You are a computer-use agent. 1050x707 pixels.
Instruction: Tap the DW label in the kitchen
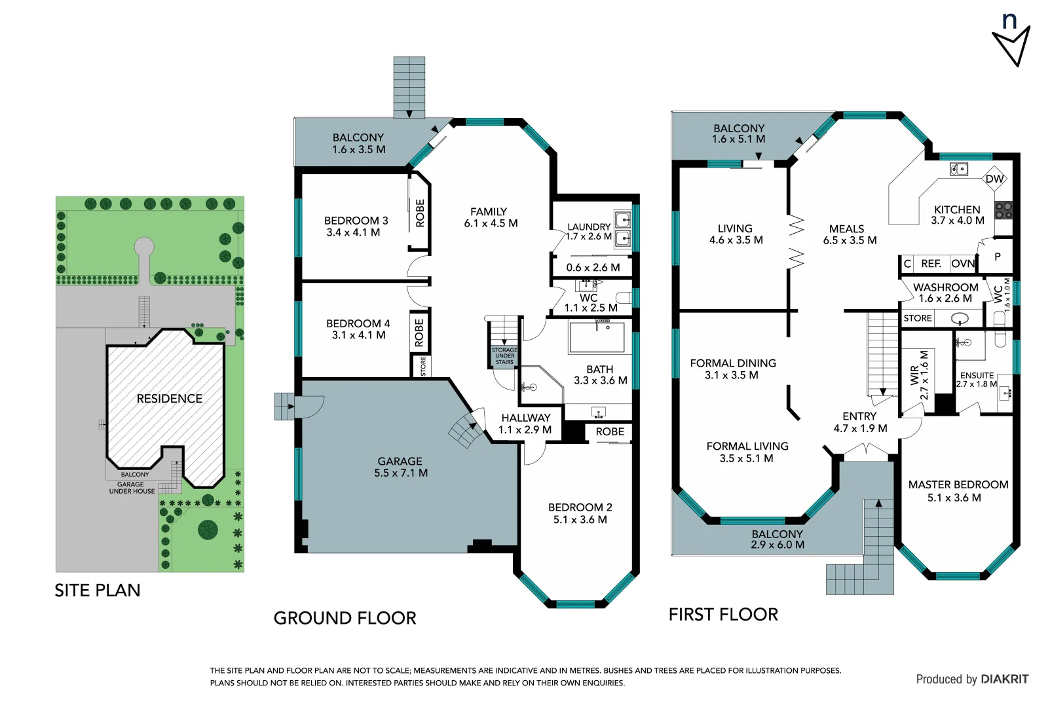[994, 179]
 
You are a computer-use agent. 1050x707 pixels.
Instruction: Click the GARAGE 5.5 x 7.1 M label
[400, 467]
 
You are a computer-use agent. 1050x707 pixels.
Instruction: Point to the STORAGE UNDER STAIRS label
[504, 356]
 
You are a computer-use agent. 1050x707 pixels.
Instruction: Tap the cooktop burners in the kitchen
[1003, 210]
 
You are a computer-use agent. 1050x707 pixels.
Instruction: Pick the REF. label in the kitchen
[930, 264]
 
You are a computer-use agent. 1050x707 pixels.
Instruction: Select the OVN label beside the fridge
[962, 264]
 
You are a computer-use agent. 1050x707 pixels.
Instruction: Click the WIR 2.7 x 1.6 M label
[919, 375]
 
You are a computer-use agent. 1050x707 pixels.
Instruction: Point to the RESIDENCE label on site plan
[169, 399]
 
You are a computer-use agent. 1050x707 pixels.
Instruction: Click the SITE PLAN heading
[98, 590]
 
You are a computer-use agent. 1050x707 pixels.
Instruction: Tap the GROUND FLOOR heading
[345, 618]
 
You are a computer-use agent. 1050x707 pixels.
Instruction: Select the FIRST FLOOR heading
[723, 615]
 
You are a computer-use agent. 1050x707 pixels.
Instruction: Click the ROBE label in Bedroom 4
[419, 333]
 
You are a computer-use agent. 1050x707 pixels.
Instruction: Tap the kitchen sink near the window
[958, 170]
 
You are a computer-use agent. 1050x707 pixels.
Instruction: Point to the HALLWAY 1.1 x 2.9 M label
[525, 424]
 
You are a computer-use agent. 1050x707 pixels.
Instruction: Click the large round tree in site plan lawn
[208, 529]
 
